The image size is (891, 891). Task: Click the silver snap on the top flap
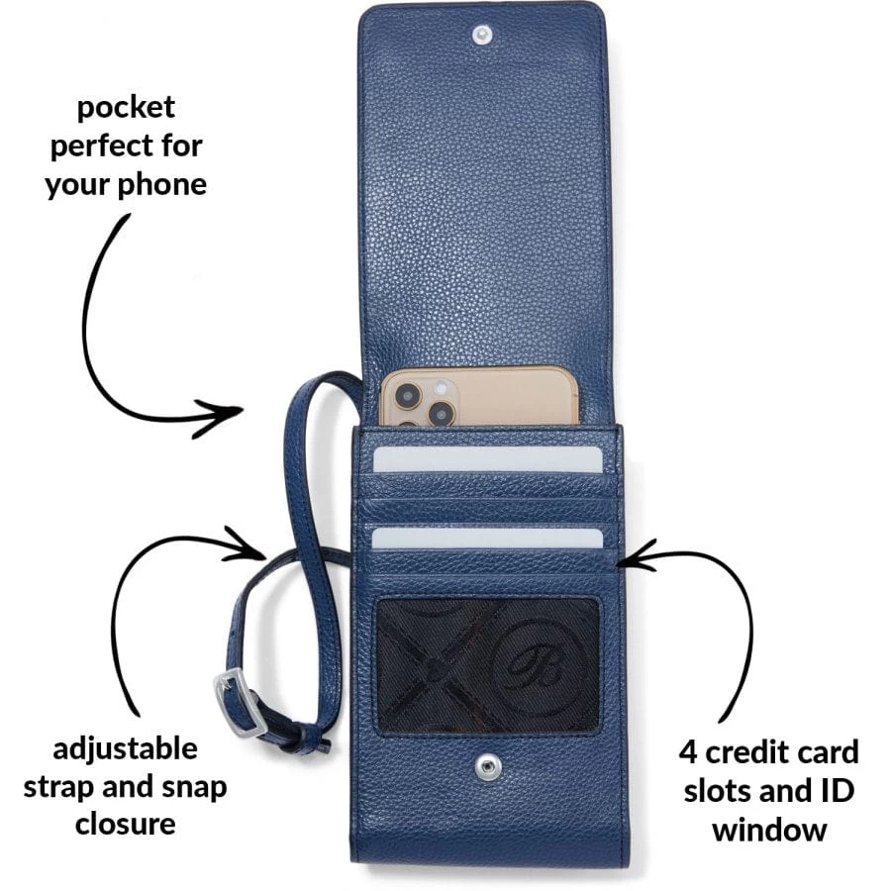(483, 36)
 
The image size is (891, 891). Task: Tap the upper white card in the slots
(488, 458)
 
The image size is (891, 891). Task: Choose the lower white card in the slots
(488, 538)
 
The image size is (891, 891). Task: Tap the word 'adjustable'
(126, 747)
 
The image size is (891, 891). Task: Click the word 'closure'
(126, 825)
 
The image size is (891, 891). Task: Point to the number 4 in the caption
(691, 752)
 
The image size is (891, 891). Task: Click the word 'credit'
(748, 752)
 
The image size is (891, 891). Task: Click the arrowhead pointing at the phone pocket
(233, 410)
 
